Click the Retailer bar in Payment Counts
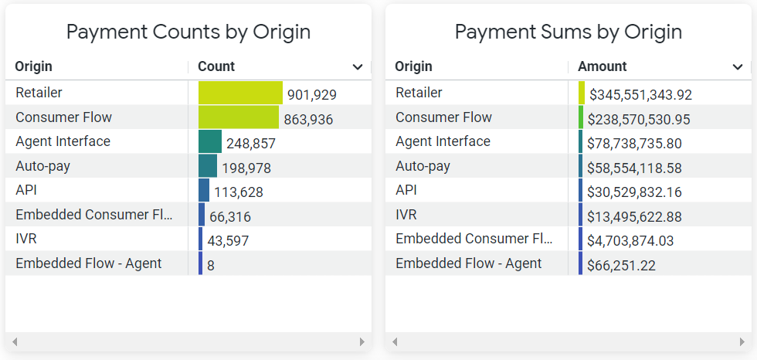click(x=240, y=93)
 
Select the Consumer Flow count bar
click(x=238, y=117)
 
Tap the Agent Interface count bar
click(x=209, y=141)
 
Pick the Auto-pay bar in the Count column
click(x=207, y=166)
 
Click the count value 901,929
click(x=311, y=95)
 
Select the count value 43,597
click(x=228, y=241)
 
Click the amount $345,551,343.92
click(x=640, y=95)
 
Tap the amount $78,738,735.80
click(x=634, y=144)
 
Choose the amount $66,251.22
click(x=621, y=266)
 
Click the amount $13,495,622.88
click(x=634, y=217)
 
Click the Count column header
click(x=216, y=66)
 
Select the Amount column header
click(x=602, y=66)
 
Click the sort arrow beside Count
click(x=358, y=67)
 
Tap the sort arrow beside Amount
click(x=738, y=67)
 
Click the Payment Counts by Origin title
click(x=188, y=32)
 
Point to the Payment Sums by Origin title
click(x=568, y=32)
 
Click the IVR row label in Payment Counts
click(x=26, y=239)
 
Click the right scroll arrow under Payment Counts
click(x=362, y=341)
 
